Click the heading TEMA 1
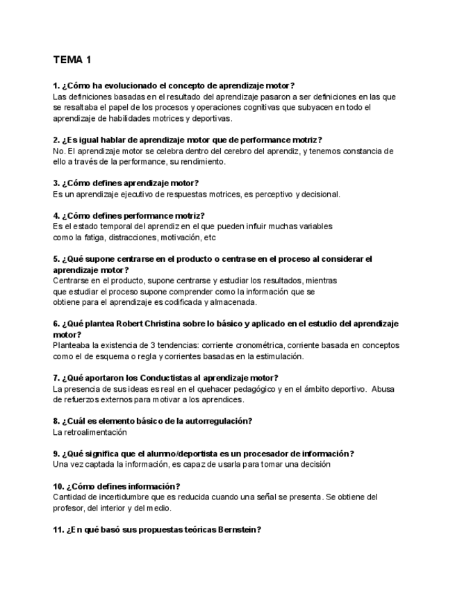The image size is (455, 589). point(72,60)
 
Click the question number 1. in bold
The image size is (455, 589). point(56,85)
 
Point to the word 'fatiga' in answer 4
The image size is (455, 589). point(85,238)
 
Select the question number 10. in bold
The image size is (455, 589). point(59,486)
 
